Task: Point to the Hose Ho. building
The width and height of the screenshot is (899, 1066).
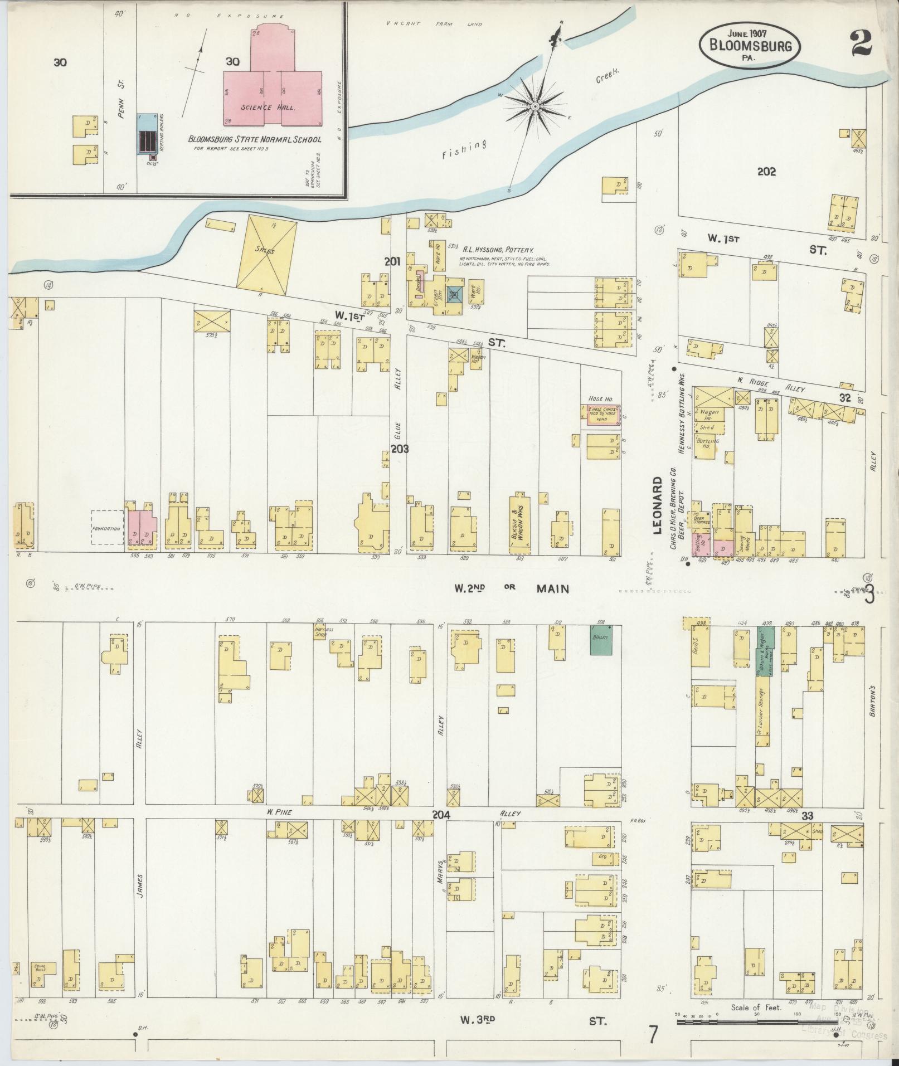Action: [601, 416]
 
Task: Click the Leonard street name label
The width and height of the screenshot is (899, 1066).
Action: [657, 505]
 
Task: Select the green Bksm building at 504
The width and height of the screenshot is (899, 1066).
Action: [601, 639]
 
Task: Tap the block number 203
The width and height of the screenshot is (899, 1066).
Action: [400, 449]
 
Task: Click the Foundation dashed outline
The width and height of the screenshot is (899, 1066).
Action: [108, 528]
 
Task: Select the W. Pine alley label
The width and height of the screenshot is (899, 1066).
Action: [280, 812]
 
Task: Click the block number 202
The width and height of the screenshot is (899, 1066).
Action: [766, 172]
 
